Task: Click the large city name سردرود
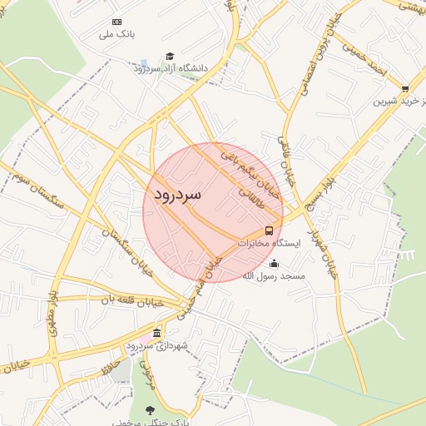coord(178,195)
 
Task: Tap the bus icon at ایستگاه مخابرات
coord(269,230)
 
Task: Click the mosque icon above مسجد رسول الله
coord(275,264)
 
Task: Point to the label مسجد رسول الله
coord(274,275)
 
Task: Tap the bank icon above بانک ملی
coord(116,22)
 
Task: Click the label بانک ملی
coord(116,35)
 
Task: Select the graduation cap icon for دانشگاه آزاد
coord(171,56)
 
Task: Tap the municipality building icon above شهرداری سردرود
coord(157,334)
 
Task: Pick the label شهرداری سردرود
coord(157,345)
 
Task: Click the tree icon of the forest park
coord(150,410)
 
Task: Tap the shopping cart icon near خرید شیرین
coord(405,88)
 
